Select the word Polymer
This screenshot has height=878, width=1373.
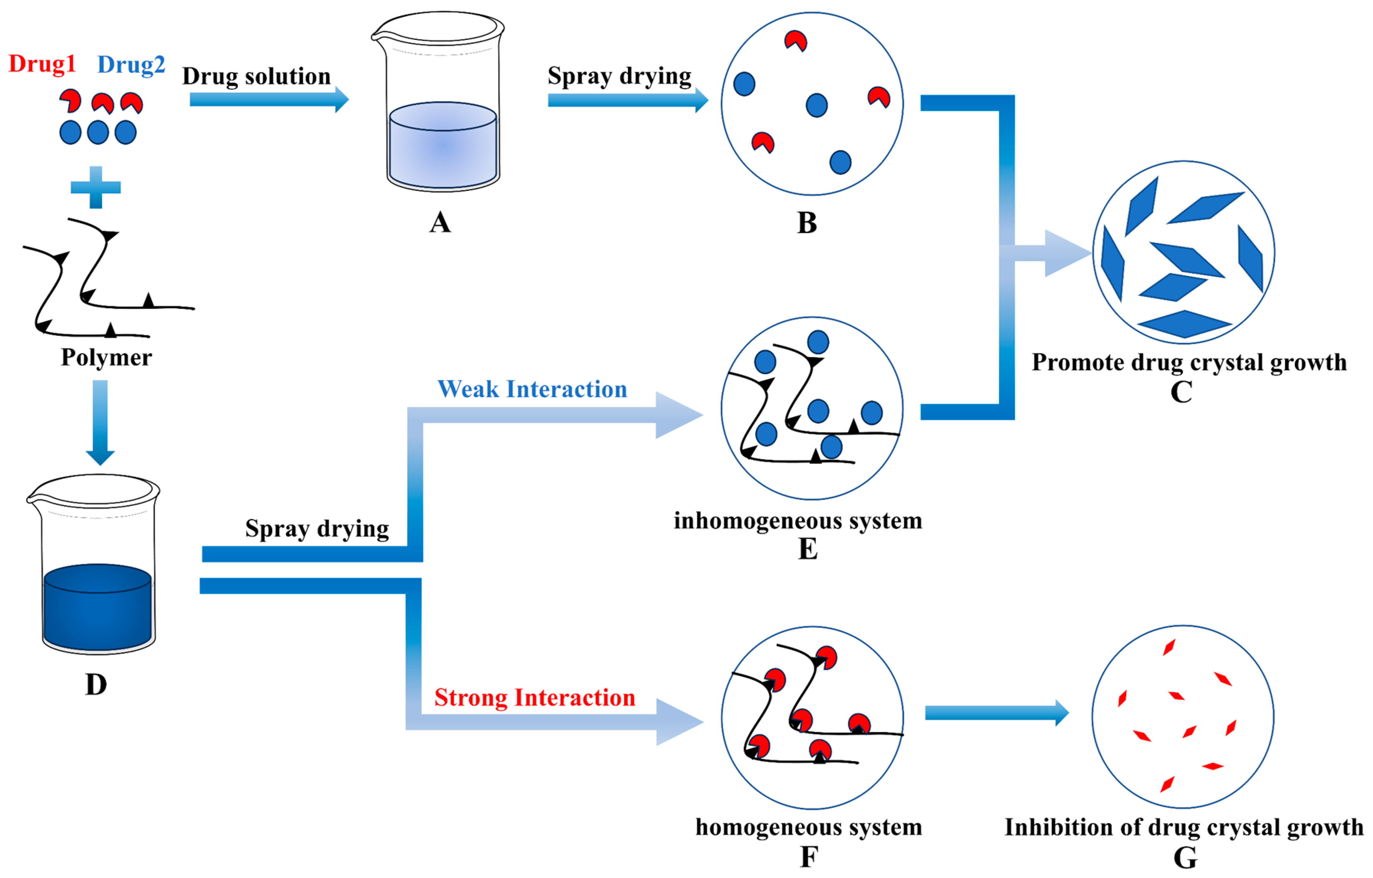(106, 358)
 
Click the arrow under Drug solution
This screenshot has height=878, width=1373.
(268, 100)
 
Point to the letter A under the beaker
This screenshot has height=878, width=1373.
(440, 222)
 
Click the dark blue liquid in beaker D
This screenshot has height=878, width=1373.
(97, 613)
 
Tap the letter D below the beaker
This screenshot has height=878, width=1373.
(96, 684)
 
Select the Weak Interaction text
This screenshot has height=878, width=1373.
(532, 389)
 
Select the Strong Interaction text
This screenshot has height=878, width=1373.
(534, 698)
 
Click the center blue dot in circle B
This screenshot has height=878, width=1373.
(816, 105)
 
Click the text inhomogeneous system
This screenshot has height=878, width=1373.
(798, 520)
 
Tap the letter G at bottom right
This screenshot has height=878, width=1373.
(1185, 857)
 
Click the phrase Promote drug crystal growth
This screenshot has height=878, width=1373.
(1189, 363)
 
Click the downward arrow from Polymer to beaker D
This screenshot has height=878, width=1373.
(100, 422)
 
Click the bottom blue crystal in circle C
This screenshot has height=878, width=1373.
(1184, 324)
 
